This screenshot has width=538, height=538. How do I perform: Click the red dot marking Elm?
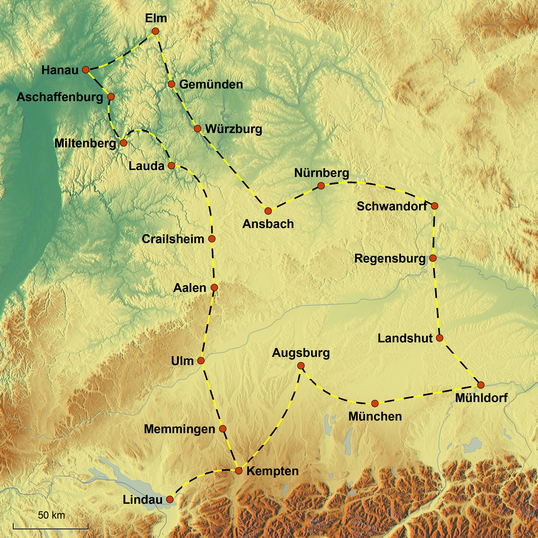[x=155, y=31]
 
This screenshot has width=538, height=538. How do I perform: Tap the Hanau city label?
[x=60, y=70]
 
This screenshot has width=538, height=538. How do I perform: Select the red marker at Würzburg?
[x=197, y=129]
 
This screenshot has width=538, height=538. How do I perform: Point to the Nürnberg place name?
[x=322, y=173]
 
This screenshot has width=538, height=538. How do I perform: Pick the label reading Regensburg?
[x=390, y=258]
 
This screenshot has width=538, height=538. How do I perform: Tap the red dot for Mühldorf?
[x=481, y=385]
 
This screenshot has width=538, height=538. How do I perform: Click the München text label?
[x=375, y=417]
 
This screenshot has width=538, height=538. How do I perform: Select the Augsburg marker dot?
[x=301, y=366]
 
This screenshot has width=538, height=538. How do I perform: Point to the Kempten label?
[x=273, y=471]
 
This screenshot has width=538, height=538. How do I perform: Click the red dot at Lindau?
[x=170, y=499]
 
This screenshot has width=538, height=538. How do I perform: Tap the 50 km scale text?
[x=51, y=515]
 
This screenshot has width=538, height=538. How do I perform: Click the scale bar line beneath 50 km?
[x=50, y=528]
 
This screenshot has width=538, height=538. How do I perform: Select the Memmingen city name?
[x=180, y=429]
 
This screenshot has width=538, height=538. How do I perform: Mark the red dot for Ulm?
[x=201, y=361]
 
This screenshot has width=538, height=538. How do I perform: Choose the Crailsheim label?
[x=173, y=239]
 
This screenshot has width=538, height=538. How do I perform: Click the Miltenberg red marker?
[x=123, y=143]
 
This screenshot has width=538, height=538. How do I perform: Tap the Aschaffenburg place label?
[x=60, y=97]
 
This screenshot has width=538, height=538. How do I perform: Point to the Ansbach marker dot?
[x=268, y=211]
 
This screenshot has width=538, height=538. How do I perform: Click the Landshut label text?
[x=405, y=338]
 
